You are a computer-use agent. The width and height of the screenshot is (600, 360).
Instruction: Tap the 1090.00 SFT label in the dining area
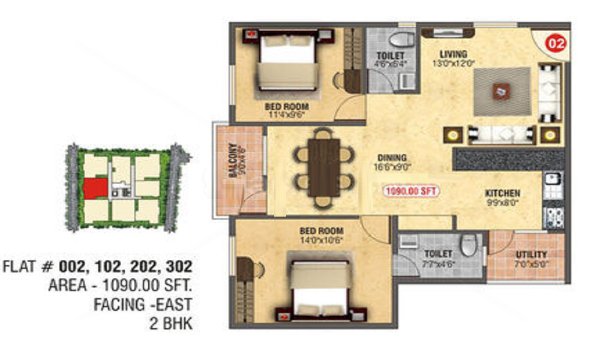tap(412, 191)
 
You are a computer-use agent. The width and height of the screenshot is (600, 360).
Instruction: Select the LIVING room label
tap(453, 54)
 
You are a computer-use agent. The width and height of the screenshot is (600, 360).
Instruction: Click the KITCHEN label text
tap(503, 194)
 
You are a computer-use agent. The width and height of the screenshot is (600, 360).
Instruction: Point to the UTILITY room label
tap(531, 254)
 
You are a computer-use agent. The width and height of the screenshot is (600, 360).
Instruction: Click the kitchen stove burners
tap(552, 217)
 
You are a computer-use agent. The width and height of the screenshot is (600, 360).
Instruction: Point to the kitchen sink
tap(552, 178)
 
